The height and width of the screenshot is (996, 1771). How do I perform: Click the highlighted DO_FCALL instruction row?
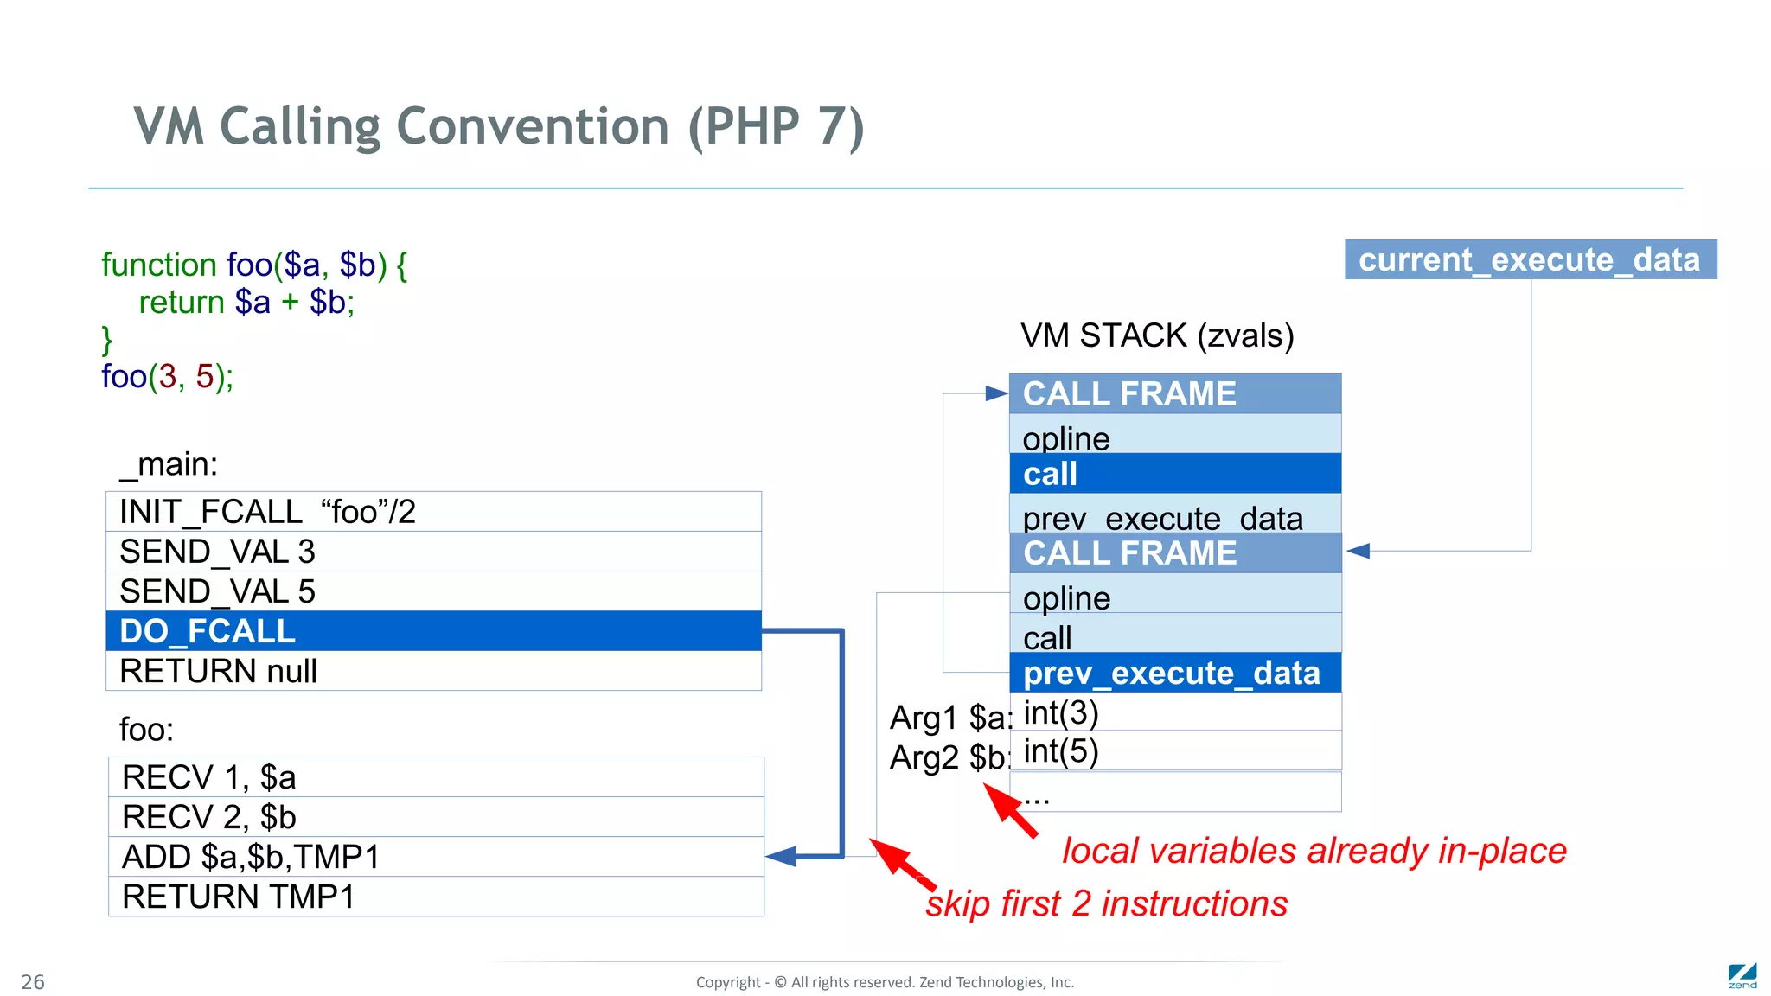point(432,631)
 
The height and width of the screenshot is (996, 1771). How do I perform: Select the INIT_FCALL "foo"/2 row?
point(432,512)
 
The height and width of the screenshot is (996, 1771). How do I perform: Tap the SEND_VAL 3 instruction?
point(432,552)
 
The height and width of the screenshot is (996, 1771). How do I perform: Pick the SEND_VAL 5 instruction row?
point(432,591)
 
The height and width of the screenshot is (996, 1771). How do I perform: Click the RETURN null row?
point(432,671)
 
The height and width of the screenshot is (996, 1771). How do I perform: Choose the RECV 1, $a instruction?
point(435,777)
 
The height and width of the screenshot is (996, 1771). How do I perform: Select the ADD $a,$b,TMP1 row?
point(435,857)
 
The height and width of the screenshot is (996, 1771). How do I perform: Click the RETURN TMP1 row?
point(435,897)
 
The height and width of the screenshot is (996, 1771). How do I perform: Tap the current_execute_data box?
point(1530,259)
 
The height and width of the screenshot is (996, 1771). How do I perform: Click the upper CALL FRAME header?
point(1174,394)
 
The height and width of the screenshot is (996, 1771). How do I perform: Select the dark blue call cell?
point(1174,474)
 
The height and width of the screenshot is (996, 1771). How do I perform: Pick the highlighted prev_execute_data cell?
point(1174,673)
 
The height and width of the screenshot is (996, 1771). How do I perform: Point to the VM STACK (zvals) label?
point(1156,335)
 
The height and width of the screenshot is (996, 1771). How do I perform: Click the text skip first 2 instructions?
point(1106,903)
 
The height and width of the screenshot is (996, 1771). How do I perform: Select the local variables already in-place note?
point(1314,851)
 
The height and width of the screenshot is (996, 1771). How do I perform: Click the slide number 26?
point(33,982)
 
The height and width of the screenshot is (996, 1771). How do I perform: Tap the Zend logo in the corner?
point(1742,976)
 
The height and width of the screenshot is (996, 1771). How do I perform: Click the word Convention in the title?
point(533,126)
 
